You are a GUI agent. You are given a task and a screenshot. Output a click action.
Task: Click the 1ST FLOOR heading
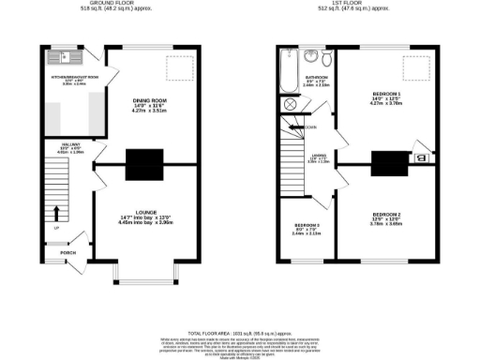358,4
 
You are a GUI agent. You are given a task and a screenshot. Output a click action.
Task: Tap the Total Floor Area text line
240,333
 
